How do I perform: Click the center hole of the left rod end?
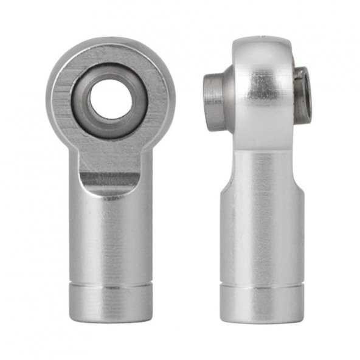(110, 99)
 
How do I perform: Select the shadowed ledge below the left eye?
(109, 181)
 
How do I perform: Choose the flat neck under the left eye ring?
(110, 157)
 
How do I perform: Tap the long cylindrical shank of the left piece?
(110, 237)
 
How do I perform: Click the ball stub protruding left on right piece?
(214, 101)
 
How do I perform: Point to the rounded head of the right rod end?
(262, 91)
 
